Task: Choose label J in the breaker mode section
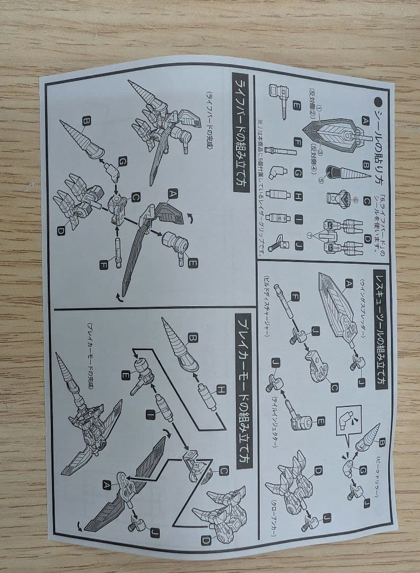(154, 533)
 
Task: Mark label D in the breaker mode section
(206, 541)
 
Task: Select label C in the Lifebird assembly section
(136, 197)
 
